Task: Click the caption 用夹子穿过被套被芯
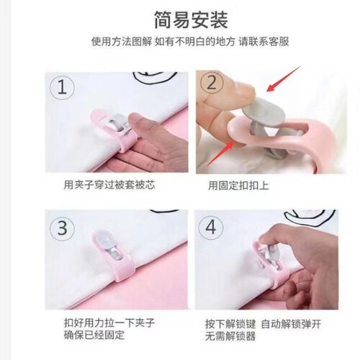(109, 185)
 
